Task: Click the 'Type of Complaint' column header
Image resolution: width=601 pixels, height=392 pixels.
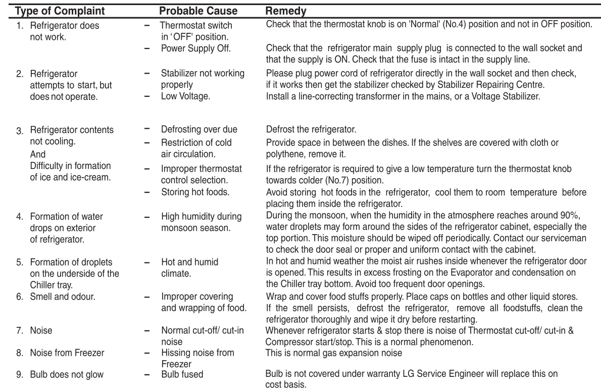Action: (60, 11)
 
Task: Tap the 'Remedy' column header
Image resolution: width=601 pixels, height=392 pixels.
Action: (286, 11)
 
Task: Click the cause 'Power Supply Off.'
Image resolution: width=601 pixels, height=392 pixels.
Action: (195, 49)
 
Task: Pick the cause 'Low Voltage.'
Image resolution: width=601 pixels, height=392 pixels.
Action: (185, 96)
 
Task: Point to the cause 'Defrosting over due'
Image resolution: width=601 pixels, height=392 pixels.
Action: (199, 130)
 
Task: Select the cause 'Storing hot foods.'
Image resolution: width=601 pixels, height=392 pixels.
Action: (195, 192)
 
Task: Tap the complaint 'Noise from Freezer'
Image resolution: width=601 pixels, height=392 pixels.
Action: (67, 353)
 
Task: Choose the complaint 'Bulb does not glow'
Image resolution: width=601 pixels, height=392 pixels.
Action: (67, 374)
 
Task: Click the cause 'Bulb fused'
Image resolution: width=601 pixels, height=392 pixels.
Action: (182, 374)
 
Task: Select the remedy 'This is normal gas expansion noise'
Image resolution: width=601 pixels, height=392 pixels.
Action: (334, 353)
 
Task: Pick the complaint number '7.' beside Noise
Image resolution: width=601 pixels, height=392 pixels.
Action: (20, 331)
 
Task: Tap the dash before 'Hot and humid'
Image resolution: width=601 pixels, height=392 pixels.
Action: (147, 263)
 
